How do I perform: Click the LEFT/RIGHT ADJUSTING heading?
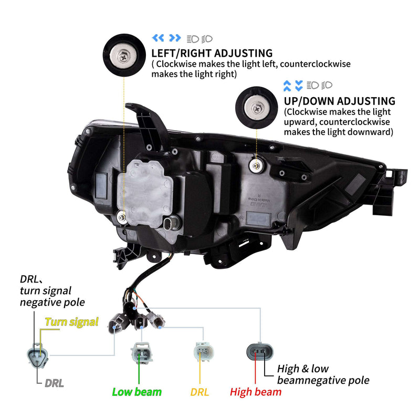pos(212,53)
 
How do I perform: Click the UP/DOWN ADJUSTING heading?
pos(339,101)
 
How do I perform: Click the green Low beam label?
pos(137,392)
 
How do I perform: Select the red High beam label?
pos(256,392)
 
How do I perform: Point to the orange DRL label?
pos(200,392)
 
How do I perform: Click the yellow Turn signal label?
pos(71,322)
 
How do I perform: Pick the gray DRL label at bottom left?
pos(54,383)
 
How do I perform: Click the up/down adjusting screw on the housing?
pos(256,166)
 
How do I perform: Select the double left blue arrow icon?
pos(157,38)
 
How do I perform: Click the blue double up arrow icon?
pos(287,85)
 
